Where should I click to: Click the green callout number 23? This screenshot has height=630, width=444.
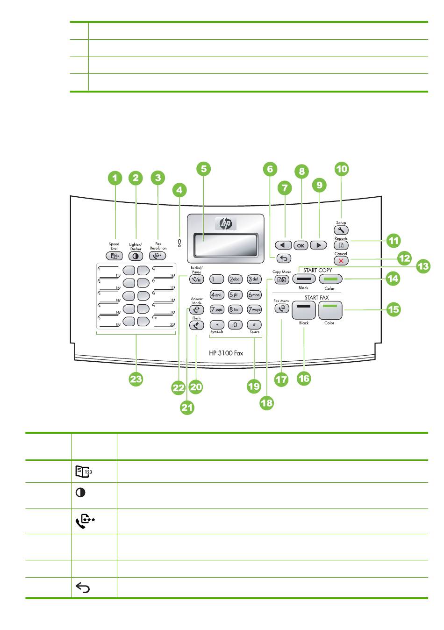tap(136, 379)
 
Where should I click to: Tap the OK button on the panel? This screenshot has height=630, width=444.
tap(301, 245)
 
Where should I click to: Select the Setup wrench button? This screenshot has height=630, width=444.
tap(341, 230)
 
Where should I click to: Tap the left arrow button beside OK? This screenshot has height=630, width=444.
tap(283, 245)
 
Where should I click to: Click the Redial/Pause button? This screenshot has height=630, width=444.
tap(196, 279)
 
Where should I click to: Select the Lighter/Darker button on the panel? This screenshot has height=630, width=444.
tap(136, 256)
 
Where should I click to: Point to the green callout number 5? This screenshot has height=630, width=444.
tap(203, 169)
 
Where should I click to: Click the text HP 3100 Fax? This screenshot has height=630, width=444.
tap(226, 353)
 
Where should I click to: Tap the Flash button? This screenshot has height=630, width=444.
tap(196, 325)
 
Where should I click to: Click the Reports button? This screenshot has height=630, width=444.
tap(341, 245)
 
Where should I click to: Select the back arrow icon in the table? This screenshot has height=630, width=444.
tap(83, 588)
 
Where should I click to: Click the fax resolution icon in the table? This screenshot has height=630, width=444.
tap(85, 521)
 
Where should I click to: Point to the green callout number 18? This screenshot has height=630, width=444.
tap(267, 402)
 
